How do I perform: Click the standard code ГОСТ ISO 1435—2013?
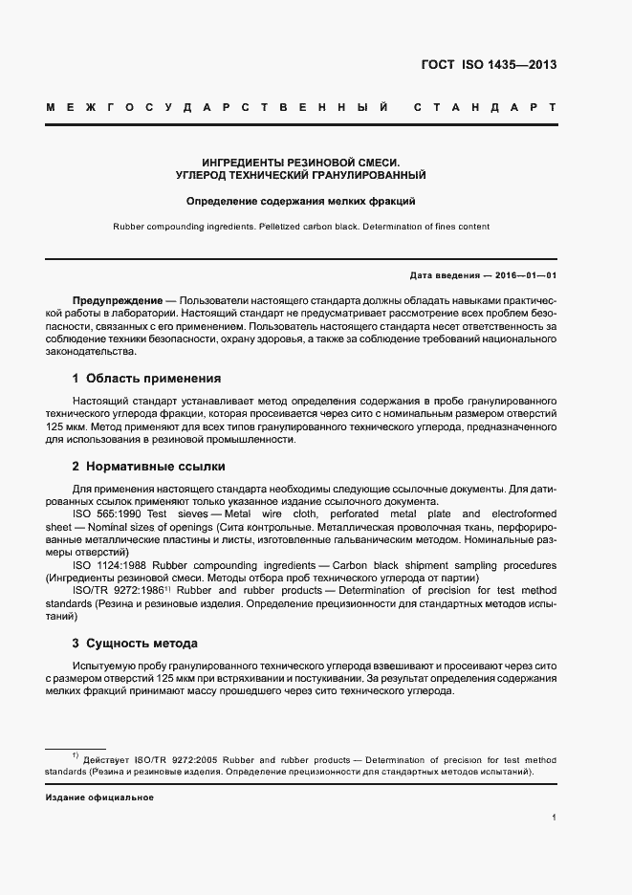tap(489, 66)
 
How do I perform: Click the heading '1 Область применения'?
tap(146, 378)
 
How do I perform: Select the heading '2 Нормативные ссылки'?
tap(148, 467)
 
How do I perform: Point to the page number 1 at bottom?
tap(555, 819)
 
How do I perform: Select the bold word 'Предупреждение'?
tap(111, 299)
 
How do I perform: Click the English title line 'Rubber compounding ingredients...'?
tap(301, 227)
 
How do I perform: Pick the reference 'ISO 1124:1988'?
tap(109, 565)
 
